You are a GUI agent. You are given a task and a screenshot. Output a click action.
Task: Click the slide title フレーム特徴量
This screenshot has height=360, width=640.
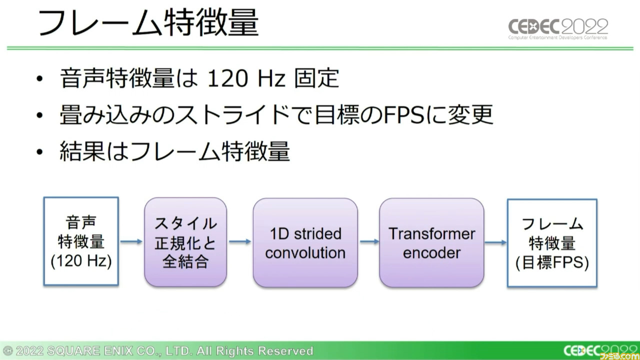(148, 22)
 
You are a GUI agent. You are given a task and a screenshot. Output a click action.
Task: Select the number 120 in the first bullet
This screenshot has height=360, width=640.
(227, 78)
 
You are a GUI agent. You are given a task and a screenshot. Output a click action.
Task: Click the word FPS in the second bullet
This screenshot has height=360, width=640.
(404, 115)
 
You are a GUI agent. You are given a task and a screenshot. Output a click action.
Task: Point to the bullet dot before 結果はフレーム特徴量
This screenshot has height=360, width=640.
(39, 151)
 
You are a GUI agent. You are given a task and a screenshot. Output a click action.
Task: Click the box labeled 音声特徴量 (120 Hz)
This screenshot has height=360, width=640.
(81, 241)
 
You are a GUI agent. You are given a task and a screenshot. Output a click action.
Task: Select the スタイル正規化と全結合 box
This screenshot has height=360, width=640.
(185, 242)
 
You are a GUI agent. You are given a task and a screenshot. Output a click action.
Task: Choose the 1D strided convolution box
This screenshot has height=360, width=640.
(305, 242)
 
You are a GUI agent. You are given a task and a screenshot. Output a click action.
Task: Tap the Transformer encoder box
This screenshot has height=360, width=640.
(431, 242)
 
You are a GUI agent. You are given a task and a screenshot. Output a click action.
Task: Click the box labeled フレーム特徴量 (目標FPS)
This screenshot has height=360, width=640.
(552, 243)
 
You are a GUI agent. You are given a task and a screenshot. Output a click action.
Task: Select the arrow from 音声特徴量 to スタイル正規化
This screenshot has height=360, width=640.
(131, 241)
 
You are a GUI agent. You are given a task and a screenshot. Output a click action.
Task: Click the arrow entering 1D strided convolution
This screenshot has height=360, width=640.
(240, 241)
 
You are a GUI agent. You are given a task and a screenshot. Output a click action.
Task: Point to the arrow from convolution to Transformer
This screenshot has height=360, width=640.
(369, 241)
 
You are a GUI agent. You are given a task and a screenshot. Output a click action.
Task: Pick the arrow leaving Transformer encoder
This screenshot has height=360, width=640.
(495, 242)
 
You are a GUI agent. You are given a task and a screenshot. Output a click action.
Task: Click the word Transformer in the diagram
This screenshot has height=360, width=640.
(431, 233)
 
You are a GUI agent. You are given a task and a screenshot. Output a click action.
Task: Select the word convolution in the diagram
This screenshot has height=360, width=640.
(305, 253)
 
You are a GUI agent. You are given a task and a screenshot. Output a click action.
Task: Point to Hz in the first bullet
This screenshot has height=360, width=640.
(271, 78)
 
